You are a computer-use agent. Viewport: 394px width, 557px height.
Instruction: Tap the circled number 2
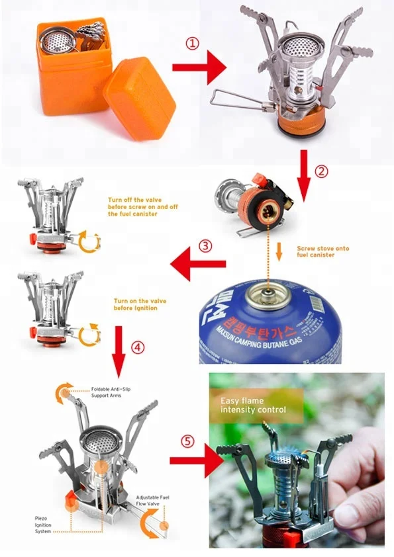[x=320, y=170]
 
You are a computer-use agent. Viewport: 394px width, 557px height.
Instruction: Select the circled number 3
[x=206, y=246]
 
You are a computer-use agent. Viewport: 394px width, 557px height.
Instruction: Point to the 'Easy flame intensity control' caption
[x=254, y=405]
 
